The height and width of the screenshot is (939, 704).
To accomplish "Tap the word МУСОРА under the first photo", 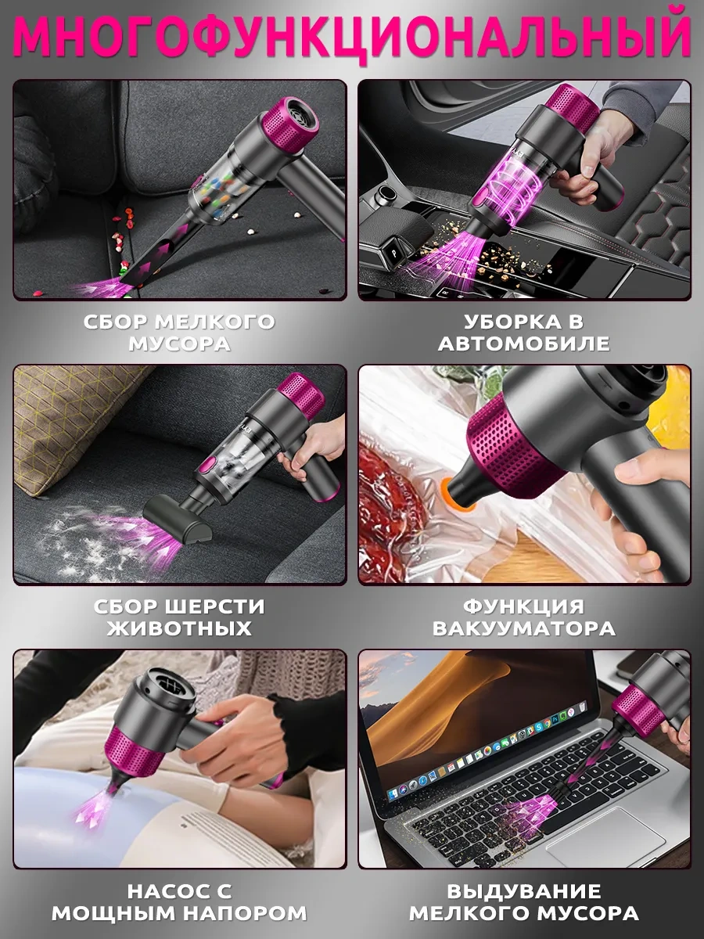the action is point(180,344).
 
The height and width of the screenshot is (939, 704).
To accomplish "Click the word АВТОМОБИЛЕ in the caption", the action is point(524,344).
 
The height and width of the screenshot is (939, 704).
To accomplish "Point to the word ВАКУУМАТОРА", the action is point(524,628).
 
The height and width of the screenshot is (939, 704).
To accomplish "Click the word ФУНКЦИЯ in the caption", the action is point(524,606).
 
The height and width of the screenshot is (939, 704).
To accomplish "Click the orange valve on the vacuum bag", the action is point(456,496).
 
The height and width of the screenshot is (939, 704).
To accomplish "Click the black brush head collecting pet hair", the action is point(178,517).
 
